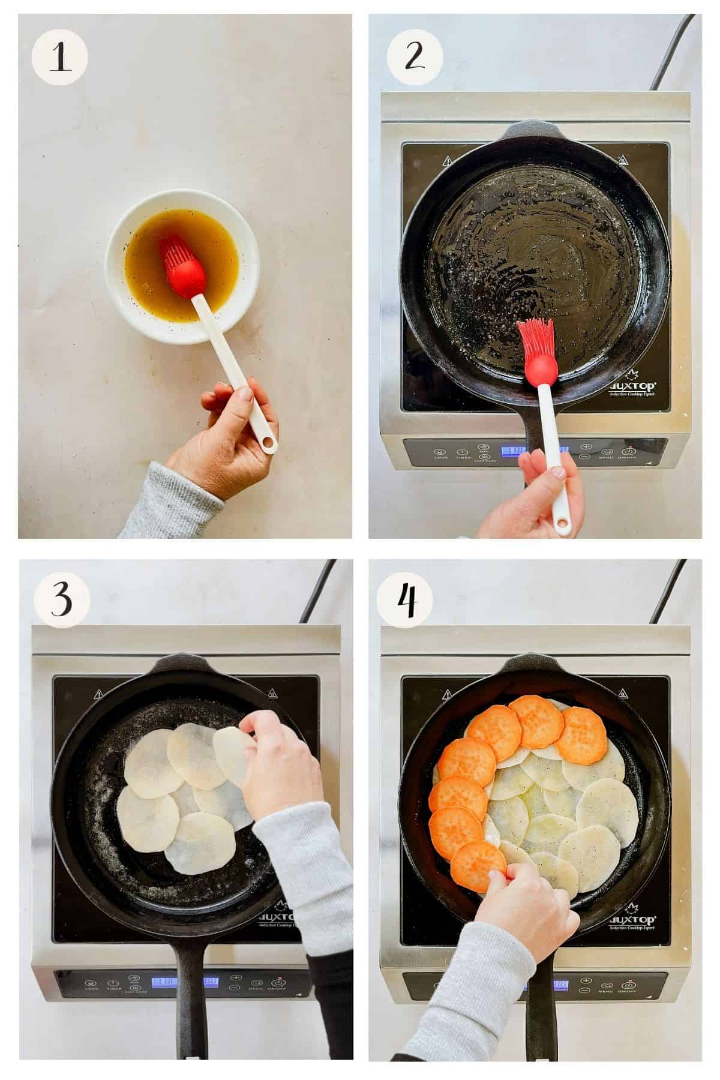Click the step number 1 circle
point(59,58)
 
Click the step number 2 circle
point(415,58)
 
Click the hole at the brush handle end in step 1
point(268,444)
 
